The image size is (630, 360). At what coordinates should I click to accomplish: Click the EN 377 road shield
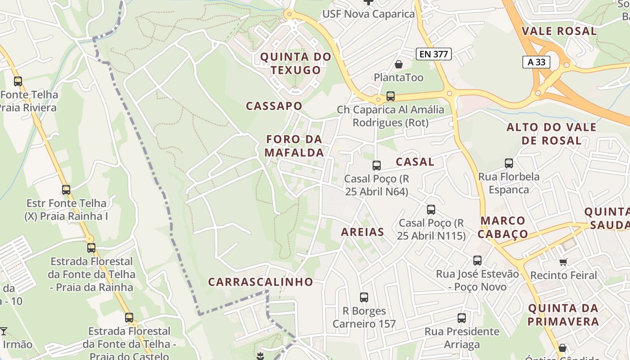(433, 54)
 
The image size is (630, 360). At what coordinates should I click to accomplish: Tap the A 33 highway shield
(536, 62)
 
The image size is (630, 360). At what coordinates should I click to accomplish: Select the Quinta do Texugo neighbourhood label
(296, 63)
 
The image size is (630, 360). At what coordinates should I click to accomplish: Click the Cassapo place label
(274, 106)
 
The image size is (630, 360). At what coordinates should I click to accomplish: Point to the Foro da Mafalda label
(294, 146)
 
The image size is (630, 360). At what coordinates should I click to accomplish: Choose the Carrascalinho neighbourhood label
(261, 282)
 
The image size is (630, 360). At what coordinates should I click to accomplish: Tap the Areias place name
(362, 232)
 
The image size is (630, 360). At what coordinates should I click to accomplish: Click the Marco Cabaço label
(503, 227)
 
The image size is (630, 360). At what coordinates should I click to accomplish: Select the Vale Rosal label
(558, 31)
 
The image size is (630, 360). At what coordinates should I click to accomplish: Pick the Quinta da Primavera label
(563, 315)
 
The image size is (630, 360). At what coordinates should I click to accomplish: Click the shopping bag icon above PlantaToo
(398, 64)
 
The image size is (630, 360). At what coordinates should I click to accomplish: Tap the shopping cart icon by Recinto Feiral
(563, 262)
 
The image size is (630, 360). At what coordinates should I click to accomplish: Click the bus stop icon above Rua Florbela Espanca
(509, 163)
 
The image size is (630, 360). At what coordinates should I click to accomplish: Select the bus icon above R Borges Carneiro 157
(364, 297)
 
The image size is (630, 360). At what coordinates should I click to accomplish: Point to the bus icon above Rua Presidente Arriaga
(462, 318)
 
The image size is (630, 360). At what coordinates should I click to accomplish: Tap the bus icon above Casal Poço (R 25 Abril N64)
(377, 166)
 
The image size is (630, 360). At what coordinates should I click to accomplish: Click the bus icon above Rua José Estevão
(477, 260)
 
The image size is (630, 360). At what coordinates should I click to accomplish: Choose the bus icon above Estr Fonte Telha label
(66, 190)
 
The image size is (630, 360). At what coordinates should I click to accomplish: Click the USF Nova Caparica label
(368, 14)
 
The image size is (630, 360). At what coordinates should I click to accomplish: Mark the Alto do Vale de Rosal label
(551, 134)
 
